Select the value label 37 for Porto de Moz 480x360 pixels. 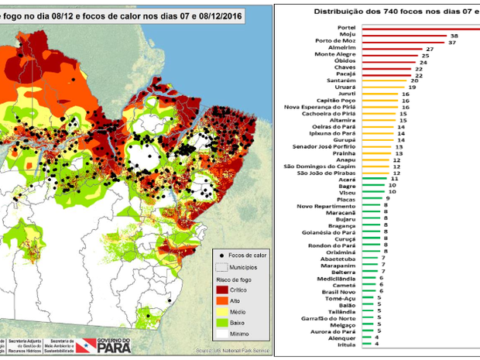453,42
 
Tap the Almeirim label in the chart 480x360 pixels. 346,49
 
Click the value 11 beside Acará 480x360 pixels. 394,179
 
